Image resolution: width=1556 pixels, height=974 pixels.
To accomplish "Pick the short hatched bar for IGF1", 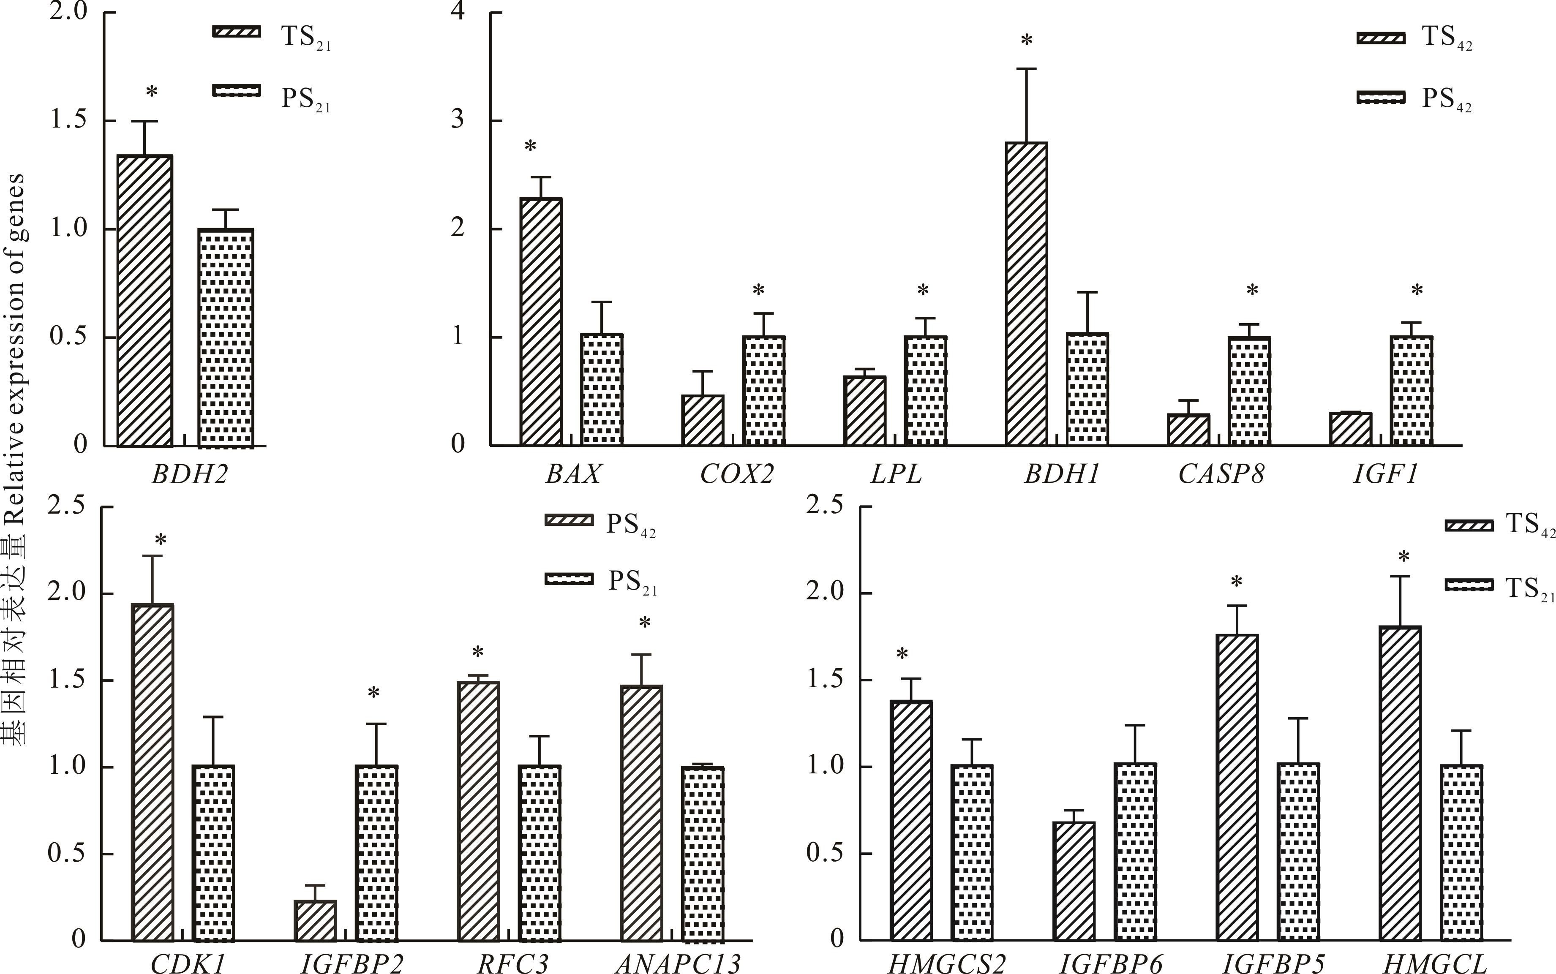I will [x=1351, y=429].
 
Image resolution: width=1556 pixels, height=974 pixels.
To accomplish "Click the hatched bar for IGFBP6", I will [x=1074, y=881].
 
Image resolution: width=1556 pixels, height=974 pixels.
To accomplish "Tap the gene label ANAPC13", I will [x=678, y=963].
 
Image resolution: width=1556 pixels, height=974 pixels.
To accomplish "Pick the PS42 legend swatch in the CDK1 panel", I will [x=568, y=520].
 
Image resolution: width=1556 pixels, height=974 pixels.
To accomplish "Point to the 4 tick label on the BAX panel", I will [x=458, y=13].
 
